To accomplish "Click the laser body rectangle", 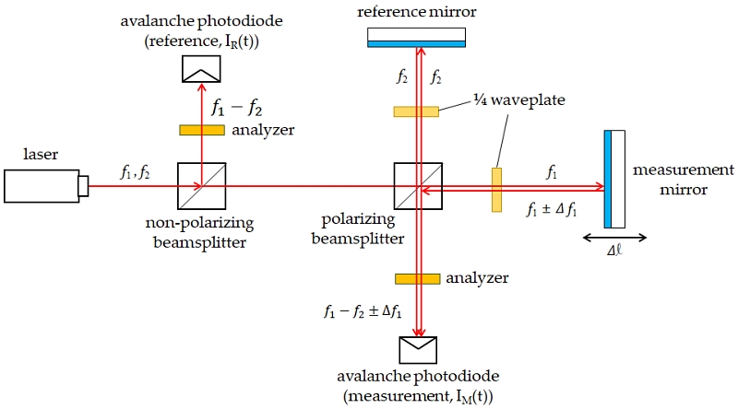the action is [42, 186].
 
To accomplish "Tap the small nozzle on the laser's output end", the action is [83, 186].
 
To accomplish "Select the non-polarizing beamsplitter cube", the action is [201, 186].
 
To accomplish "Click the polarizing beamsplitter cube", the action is [418, 186].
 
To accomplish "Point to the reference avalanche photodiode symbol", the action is [201, 69].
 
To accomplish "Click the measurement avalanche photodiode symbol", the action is [418, 350].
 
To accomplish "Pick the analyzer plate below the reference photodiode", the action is [202, 130].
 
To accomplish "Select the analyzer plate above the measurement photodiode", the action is [418, 279].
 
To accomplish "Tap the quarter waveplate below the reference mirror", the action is [416, 111].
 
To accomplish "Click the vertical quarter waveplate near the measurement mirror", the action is [496, 190].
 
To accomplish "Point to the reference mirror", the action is [417, 38].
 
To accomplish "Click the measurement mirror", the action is [614, 179].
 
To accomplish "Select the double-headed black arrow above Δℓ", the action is [614, 238].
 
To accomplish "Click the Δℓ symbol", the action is [614, 251].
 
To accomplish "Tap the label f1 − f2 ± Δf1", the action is [363, 311].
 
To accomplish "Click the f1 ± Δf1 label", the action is [551, 209].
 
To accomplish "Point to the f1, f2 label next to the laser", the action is [135, 173].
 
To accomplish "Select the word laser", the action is [41, 154].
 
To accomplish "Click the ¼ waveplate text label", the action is [519, 100].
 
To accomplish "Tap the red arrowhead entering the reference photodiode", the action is [201, 88].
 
